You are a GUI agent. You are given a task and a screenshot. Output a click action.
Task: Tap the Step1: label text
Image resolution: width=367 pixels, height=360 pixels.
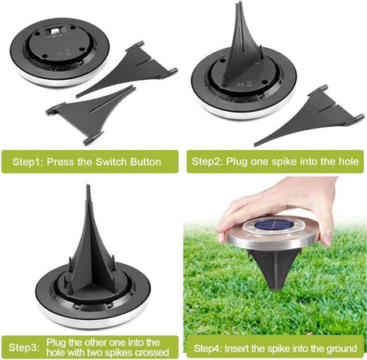[x=28, y=162]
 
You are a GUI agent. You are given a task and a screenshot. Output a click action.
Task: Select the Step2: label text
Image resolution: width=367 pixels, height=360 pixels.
[x=207, y=161]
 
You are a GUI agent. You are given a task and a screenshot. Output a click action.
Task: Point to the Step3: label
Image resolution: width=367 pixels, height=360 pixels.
[x=24, y=347]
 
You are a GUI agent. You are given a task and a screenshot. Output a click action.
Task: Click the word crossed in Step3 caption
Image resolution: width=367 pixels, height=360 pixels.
[x=151, y=353]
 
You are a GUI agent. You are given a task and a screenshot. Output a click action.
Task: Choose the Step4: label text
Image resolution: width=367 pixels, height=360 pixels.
[x=208, y=348]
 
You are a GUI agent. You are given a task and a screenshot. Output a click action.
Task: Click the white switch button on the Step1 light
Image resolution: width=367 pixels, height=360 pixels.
[x=54, y=31]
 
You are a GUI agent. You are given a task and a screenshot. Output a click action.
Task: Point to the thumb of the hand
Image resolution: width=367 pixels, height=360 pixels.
[x=328, y=231]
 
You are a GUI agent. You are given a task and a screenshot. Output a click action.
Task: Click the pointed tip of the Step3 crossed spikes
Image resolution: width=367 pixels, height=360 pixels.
[x=88, y=185]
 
